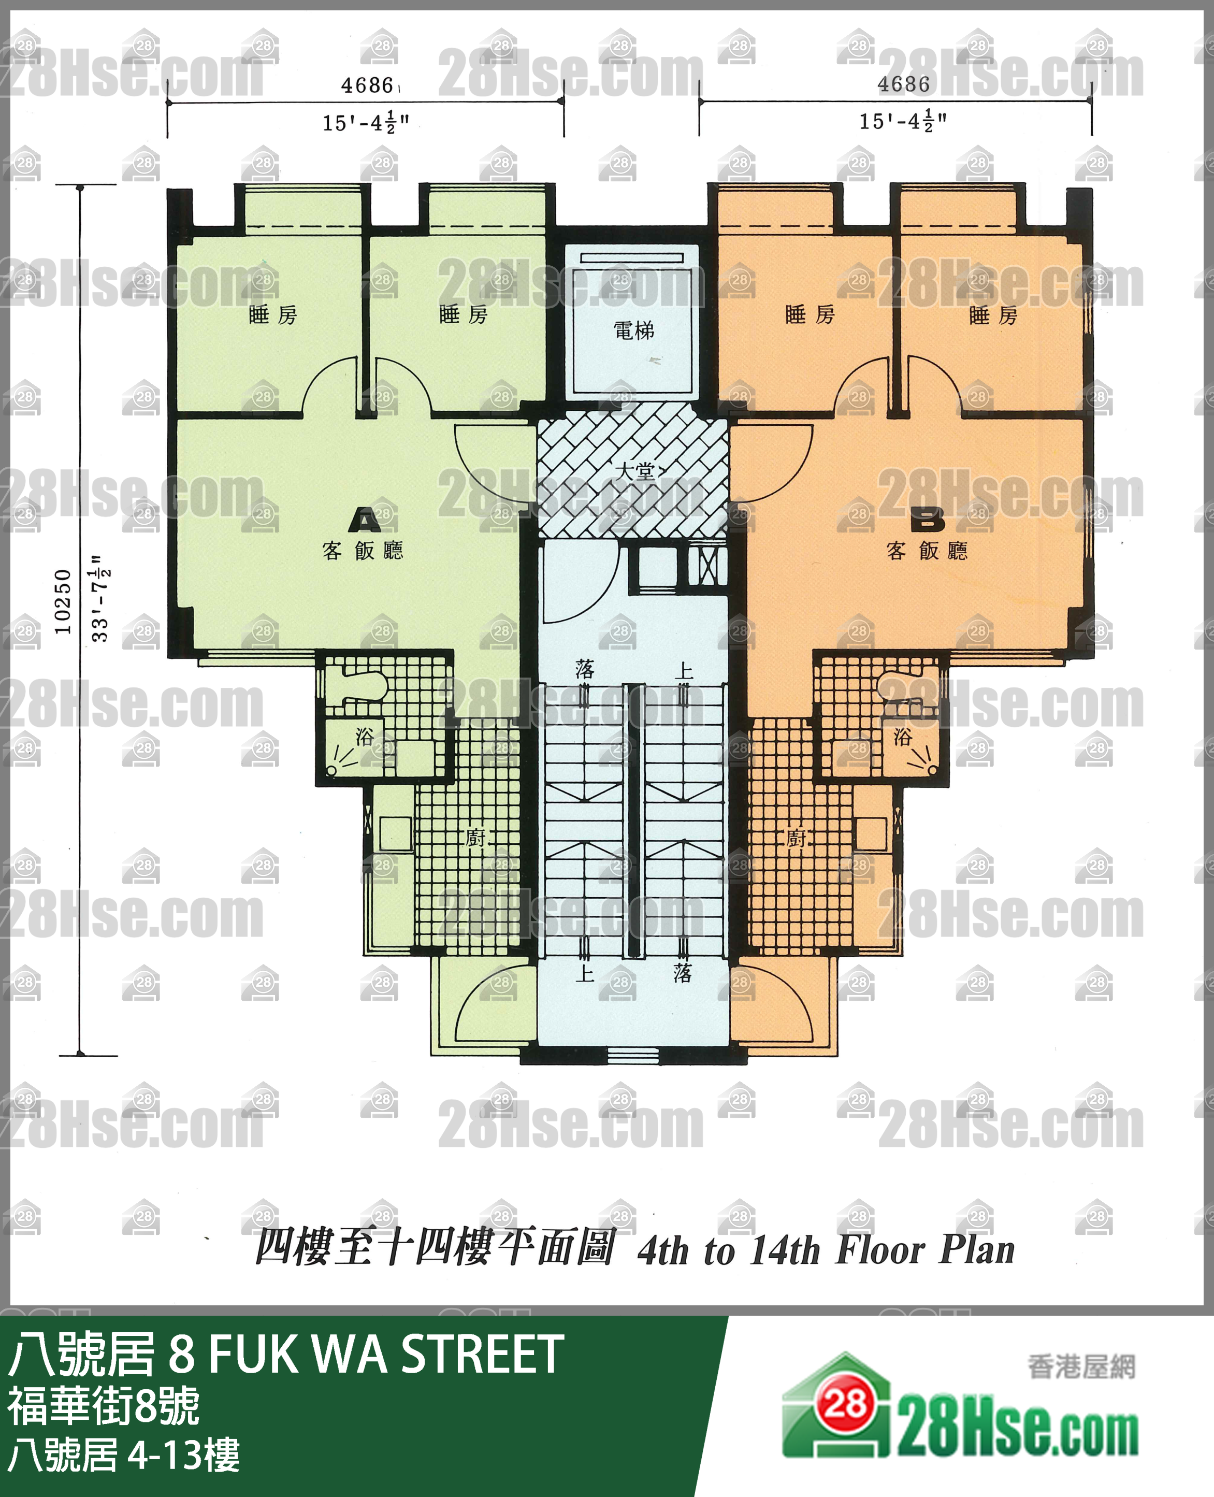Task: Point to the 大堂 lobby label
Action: point(635,471)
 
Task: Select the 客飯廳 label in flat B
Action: point(927,551)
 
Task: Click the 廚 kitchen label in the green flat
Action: point(475,838)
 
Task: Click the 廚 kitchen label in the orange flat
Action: point(797,838)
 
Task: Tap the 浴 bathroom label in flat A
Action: point(364,736)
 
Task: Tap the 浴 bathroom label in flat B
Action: point(903,736)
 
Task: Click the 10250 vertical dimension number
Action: point(63,601)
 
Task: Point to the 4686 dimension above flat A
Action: point(367,85)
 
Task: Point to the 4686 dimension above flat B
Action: point(903,84)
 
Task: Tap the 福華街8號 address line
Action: point(104,1406)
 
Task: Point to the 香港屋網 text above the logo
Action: point(1081,1366)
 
